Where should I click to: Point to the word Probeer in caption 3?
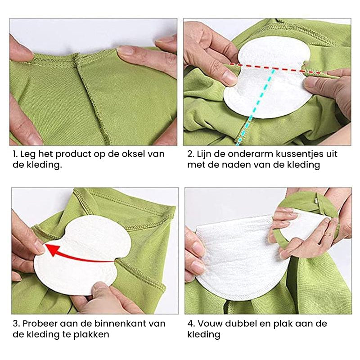point(40,324)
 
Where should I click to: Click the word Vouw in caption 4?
point(208,324)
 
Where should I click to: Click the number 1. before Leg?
point(15,154)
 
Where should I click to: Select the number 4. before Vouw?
point(191,324)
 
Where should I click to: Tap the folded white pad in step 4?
point(238,256)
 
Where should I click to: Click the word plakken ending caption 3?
point(93,334)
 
